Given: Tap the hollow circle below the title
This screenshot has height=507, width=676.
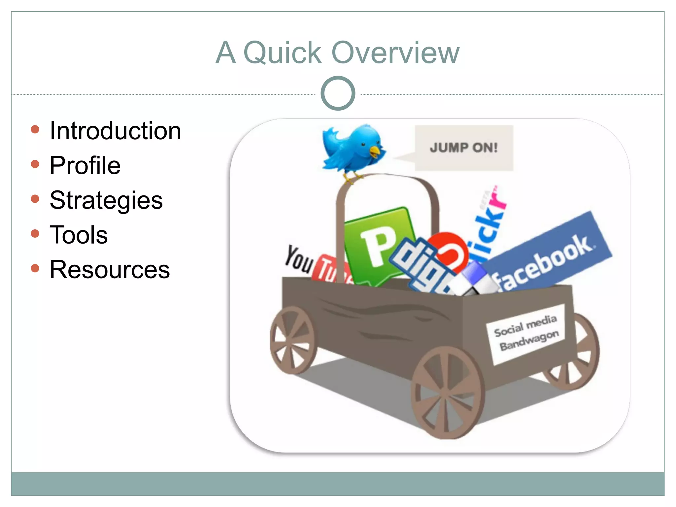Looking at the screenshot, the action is click(338, 93).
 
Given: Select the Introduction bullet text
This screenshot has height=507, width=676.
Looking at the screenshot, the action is click(115, 131).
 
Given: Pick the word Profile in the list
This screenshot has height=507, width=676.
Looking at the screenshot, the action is click(85, 165).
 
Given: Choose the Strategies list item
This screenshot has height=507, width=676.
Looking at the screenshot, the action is click(106, 200).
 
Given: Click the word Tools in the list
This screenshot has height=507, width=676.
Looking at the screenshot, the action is click(79, 235).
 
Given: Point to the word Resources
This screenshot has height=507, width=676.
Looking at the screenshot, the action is click(110, 270).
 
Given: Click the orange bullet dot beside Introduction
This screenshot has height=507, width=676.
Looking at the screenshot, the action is click(35, 129).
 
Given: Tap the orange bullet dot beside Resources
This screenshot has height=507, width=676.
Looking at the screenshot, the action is click(35, 268).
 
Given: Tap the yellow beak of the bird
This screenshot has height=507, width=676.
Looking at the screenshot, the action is click(376, 152).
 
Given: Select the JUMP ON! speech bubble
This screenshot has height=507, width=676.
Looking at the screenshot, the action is click(463, 148).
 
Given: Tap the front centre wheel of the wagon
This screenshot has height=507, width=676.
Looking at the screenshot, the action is click(447, 393).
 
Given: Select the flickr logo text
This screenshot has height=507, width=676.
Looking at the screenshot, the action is click(489, 224).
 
